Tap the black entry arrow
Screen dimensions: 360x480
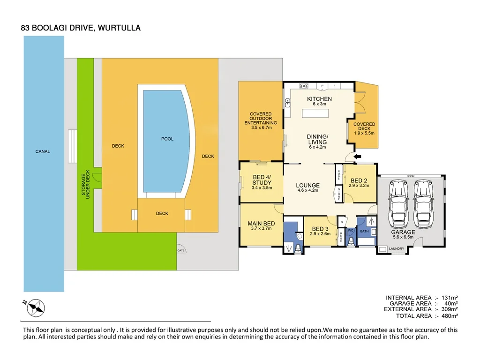pos(357,157)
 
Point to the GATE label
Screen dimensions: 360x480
pos(181,250)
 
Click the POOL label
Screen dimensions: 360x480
pos(167,139)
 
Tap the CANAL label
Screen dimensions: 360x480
pos(43,151)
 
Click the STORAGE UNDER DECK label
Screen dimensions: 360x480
pos(85,186)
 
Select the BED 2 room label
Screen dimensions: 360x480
pos(359,180)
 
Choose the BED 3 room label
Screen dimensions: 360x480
pos(320,229)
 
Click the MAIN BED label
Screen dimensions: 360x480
pos(261,224)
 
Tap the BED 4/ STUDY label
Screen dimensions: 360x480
pos(262,180)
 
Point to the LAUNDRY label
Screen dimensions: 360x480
pos(396,248)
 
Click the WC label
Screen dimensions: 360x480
pos(350,231)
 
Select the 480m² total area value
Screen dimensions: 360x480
pos(449,316)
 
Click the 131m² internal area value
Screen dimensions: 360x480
pos(449,298)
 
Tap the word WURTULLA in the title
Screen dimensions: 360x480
pos(119,28)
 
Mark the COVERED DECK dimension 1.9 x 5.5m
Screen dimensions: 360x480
pos(364,133)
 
